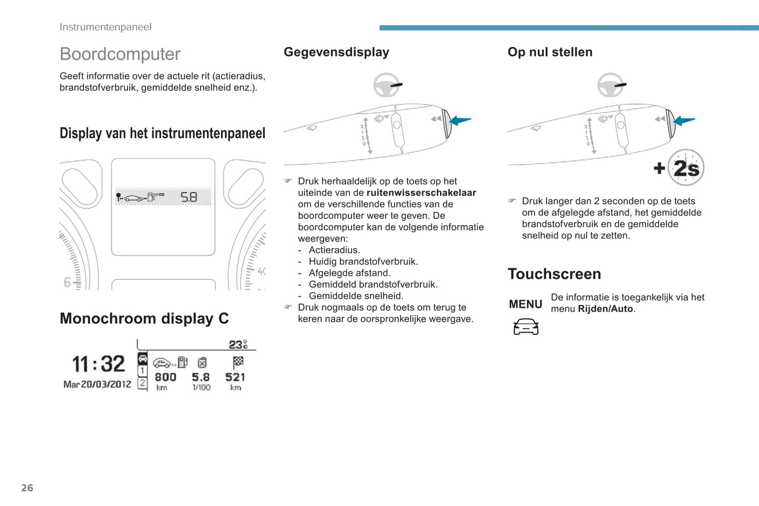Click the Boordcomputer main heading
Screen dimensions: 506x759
pyautogui.click(x=120, y=54)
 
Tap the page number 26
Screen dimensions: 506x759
pyautogui.click(x=27, y=488)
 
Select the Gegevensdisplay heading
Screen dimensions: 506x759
pyautogui.click(x=336, y=52)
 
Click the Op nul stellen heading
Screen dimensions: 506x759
pyautogui.click(x=549, y=52)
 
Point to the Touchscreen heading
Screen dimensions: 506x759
pyautogui.click(x=554, y=274)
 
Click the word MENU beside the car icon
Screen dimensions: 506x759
pyautogui.click(x=525, y=304)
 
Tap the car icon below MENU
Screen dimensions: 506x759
pyautogui.click(x=526, y=326)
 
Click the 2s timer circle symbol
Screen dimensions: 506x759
pyautogui.click(x=686, y=168)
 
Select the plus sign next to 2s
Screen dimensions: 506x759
pyautogui.click(x=659, y=168)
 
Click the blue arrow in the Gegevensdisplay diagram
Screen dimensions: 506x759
pyautogui.click(x=461, y=121)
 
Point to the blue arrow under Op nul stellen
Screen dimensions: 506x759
pyautogui.click(x=684, y=121)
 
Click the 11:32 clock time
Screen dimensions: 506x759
pyautogui.click(x=98, y=364)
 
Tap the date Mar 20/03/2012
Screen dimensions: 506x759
pyautogui.click(x=97, y=384)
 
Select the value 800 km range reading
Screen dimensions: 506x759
pyautogui.click(x=165, y=377)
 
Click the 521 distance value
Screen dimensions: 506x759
pyautogui.click(x=235, y=377)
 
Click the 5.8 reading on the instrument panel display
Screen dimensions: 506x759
pyautogui.click(x=189, y=197)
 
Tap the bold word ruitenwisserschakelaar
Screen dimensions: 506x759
pyautogui.click(x=421, y=193)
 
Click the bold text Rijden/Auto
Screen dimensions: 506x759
pyautogui.click(x=605, y=309)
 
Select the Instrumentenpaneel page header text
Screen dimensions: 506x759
pyautogui.click(x=105, y=27)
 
